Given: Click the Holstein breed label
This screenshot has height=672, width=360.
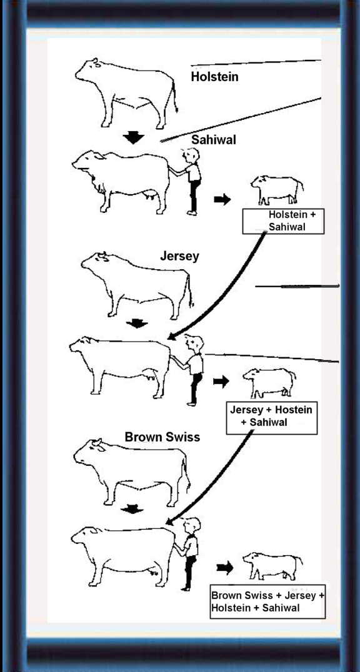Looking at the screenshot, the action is click(214, 77).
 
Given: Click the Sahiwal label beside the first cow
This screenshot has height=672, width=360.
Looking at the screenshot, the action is click(214, 140).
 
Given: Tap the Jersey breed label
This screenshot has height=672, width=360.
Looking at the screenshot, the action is click(180, 256).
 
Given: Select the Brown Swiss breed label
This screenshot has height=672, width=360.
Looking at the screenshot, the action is click(162, 437).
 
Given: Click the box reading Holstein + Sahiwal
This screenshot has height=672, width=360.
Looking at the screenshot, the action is click(283, 221).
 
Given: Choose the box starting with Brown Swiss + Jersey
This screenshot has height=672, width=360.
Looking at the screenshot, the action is click(267, 601).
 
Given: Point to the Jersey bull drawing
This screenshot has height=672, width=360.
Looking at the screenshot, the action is click(137, 285).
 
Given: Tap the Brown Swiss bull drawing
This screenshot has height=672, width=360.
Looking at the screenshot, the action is click(131, 471).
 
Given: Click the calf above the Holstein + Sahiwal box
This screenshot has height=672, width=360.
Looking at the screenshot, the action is click(277, 189).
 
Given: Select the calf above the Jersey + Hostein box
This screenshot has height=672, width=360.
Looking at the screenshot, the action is click(269, 383).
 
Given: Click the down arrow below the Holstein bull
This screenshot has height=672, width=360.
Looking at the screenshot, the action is click(134, 137).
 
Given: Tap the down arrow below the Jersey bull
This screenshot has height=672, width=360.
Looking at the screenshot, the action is click(137, 323).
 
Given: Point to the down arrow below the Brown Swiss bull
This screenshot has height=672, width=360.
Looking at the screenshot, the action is click(132, 509).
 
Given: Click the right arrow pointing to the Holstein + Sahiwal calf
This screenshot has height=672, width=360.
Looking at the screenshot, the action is click(222, 199).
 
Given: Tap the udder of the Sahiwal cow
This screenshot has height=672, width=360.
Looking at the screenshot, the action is click(150, 196).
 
